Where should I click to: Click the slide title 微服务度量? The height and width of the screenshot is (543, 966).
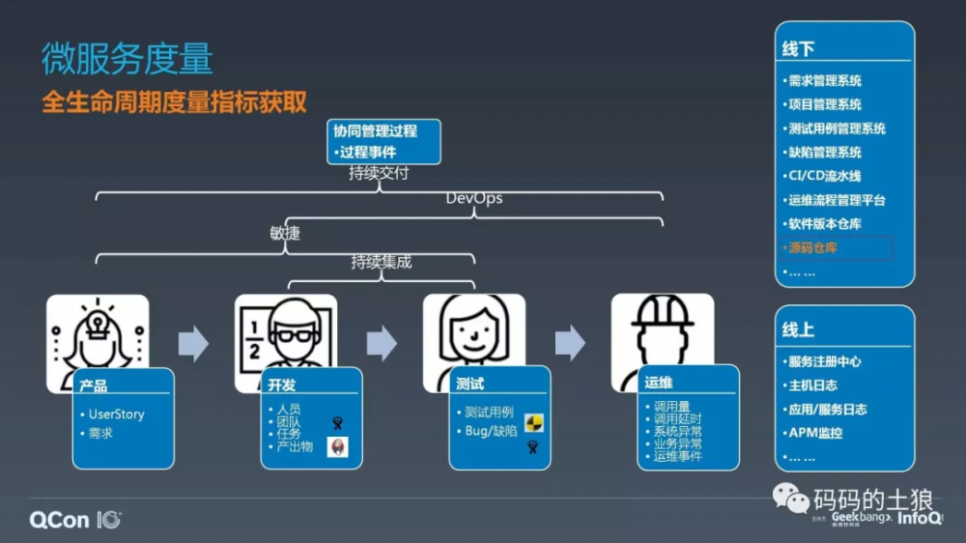(x=127, y=60)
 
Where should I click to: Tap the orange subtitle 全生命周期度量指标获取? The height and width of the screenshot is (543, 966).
(x=174, y=101)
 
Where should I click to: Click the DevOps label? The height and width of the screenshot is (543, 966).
(x=473, y=199)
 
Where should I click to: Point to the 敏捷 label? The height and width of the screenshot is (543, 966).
(x=285, y=233)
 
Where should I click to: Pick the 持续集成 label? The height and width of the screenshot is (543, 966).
(x=381, y=262)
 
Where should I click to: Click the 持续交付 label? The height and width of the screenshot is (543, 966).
(x=379, y=174)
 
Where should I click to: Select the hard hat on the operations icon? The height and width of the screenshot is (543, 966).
(x=663, y=312)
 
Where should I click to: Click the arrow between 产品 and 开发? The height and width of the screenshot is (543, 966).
(x=193, y=344)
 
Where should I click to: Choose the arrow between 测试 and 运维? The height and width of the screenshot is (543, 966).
(x=570, y=343)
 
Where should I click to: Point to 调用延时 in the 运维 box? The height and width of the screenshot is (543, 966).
(x=677, y=418)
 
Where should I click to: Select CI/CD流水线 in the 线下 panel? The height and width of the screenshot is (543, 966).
(x=824, y=176)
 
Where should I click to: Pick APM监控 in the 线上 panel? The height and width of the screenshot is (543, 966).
(x=815, y=433)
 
